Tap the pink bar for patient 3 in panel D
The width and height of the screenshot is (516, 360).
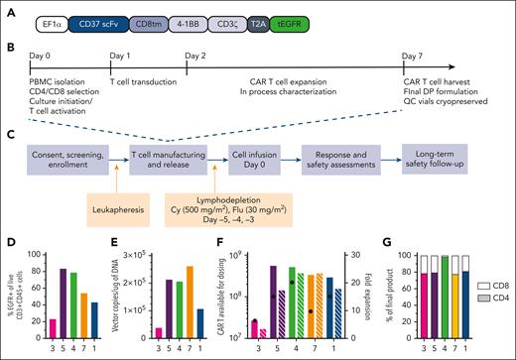pyautogui.click(x=53, y=326)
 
